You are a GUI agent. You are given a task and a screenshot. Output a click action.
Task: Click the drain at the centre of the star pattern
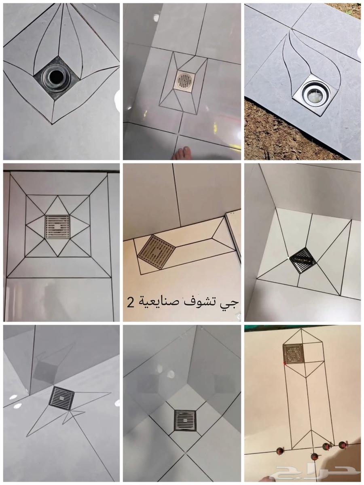pyautogui.click(x=57, y=226)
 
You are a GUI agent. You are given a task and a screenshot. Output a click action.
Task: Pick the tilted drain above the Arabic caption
pyautogui.click(x=155, y=251)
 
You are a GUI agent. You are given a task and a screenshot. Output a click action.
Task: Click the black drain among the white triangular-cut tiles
pyautogui.click(x=303, y=260)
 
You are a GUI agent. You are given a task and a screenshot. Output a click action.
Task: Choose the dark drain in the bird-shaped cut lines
pyautogui.click(x=61, y=399)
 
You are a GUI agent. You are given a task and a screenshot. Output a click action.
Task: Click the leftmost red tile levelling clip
pyautogui.click(x=278, y=450)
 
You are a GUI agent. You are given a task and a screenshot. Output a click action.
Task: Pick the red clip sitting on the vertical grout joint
pyautogui.click(x=315, y=456)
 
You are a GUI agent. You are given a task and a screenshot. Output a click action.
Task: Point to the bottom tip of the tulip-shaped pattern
pyautogui.click(x=52, y=124)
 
